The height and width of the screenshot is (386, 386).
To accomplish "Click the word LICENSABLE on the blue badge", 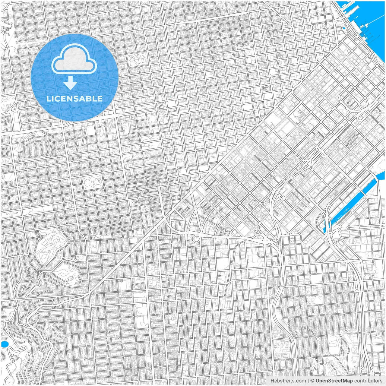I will [74, 99].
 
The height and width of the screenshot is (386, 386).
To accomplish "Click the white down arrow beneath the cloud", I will [71, 83].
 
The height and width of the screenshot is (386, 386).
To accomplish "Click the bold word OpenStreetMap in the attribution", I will [334, 381].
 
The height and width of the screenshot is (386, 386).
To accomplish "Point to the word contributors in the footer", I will [368, 381].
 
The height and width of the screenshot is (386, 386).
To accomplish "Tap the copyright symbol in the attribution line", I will [312, 381].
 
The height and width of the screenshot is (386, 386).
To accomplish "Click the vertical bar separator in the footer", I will [308, 381].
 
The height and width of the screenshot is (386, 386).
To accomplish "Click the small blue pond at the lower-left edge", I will [4, 344].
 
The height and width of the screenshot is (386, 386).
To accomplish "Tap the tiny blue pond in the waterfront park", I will [343, 29].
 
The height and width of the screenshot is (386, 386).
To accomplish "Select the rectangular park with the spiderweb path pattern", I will [93, 182].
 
